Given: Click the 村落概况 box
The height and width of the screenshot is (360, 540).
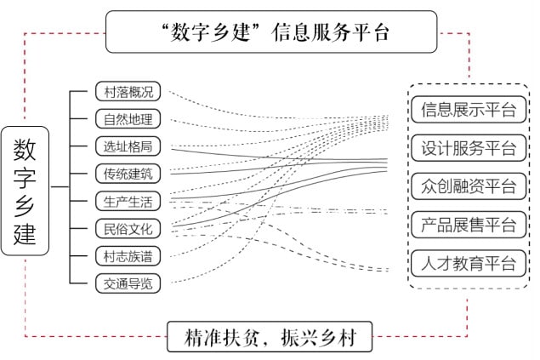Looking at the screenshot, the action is [x=128, y=91].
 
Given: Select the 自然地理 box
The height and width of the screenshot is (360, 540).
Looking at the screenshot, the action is [x=128, y=119].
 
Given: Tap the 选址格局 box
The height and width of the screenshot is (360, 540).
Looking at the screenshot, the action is [x=128, y=146].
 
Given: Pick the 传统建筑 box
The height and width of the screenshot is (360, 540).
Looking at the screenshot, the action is [x=128, y=174].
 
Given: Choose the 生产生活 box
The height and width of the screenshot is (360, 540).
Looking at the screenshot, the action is [x=128, y=201].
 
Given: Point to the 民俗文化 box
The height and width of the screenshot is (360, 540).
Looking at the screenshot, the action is [x=128, y=228].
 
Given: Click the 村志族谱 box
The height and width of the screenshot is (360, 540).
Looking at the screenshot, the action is [x=128, y=256].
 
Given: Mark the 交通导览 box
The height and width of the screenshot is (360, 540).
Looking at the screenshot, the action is [x=128, y=283].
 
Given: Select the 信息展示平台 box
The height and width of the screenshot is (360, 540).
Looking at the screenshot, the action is [x=469, y=110].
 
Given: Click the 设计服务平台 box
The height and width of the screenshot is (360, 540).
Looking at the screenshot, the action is [x=469, y=148].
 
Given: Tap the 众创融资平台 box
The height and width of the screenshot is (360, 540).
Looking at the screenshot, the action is [x=469, y=186].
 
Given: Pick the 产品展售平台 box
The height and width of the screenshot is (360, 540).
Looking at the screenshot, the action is [x=469, y=225].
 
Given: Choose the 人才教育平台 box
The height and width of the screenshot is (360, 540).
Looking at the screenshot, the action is [x=469, y=264].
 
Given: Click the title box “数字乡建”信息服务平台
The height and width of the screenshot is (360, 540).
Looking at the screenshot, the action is [x=271, y=31].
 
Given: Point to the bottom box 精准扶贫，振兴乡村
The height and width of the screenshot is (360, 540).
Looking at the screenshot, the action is [x=270, y=336].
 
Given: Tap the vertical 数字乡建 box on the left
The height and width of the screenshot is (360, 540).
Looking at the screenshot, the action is [x=25, y=191].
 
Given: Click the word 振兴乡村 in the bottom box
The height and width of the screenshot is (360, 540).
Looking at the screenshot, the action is [x=319, y=337].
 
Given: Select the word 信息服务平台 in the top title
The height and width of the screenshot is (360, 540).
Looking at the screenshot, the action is [x=330, y=32].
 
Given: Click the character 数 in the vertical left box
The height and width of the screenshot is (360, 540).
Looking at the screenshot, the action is [x=25, y=150].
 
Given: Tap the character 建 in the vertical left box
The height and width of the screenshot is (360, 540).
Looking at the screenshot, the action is [x=25, y=233].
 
